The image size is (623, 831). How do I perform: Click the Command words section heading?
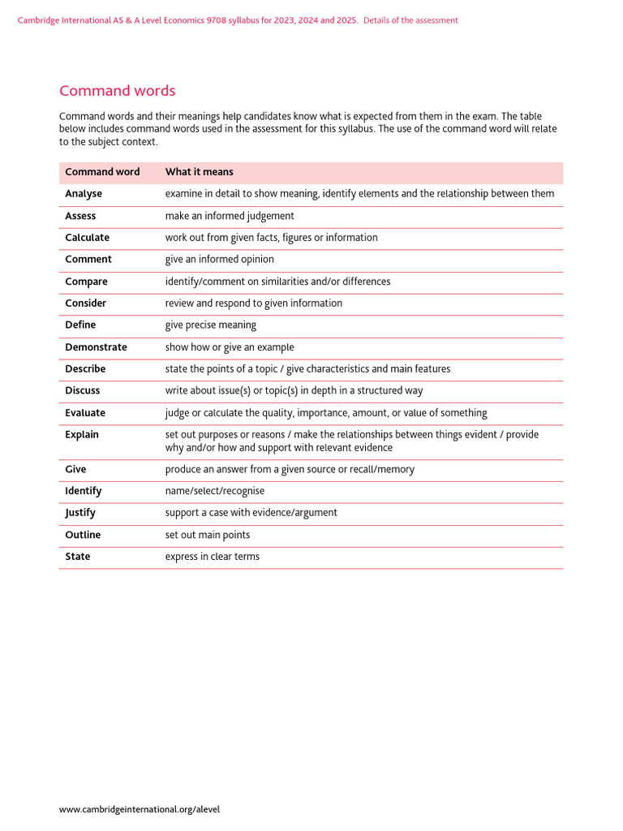click(117, 91)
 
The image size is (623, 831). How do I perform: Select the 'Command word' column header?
click(102, 172)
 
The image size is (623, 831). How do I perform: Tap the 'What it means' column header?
click(199, 172)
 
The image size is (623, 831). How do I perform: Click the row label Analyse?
click(84, 194)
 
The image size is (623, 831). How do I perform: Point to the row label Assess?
click(80, 216)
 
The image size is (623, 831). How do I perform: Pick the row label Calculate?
click(87, 238)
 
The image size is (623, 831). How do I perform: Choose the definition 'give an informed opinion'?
click(219, 260)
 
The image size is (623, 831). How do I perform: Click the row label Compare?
click(86, 282)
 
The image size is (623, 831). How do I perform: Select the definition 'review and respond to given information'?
click(253, 304)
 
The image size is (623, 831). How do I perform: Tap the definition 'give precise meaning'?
click(210, 325)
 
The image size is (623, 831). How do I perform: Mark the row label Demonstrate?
click(96, 347)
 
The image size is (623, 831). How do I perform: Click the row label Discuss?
click(83, 390)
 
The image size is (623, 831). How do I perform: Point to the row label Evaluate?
click(85, 413)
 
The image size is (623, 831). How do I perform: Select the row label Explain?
click(82, 435)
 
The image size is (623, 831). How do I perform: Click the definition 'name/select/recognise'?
click(214, 491)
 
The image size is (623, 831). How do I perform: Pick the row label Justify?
click(80, 513)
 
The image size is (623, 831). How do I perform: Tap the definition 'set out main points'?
click(207, 535)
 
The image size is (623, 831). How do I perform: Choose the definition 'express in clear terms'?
click(212, 557)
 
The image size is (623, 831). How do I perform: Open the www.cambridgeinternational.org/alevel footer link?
click(140, 809)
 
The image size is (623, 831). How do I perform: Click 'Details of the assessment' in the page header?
click(410, 20)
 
